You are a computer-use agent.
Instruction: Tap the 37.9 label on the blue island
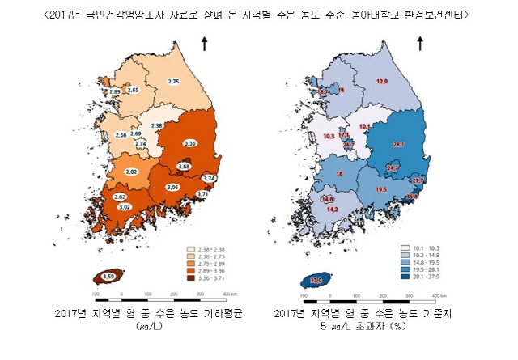tap(317, 280)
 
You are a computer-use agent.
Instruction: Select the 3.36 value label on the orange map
tap(191, 143)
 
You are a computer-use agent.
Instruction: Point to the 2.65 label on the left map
tap(134, 90)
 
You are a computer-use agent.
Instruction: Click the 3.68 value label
tap(184, 166)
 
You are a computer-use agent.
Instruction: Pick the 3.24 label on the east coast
tap(209, 177)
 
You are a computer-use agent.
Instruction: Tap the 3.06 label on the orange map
tap(172, 187)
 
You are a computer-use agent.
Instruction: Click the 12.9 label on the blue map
tap(382, 82)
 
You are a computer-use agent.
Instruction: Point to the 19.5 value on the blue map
tap(381, 188)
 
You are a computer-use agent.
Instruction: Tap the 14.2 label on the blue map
tap(332, 209)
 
